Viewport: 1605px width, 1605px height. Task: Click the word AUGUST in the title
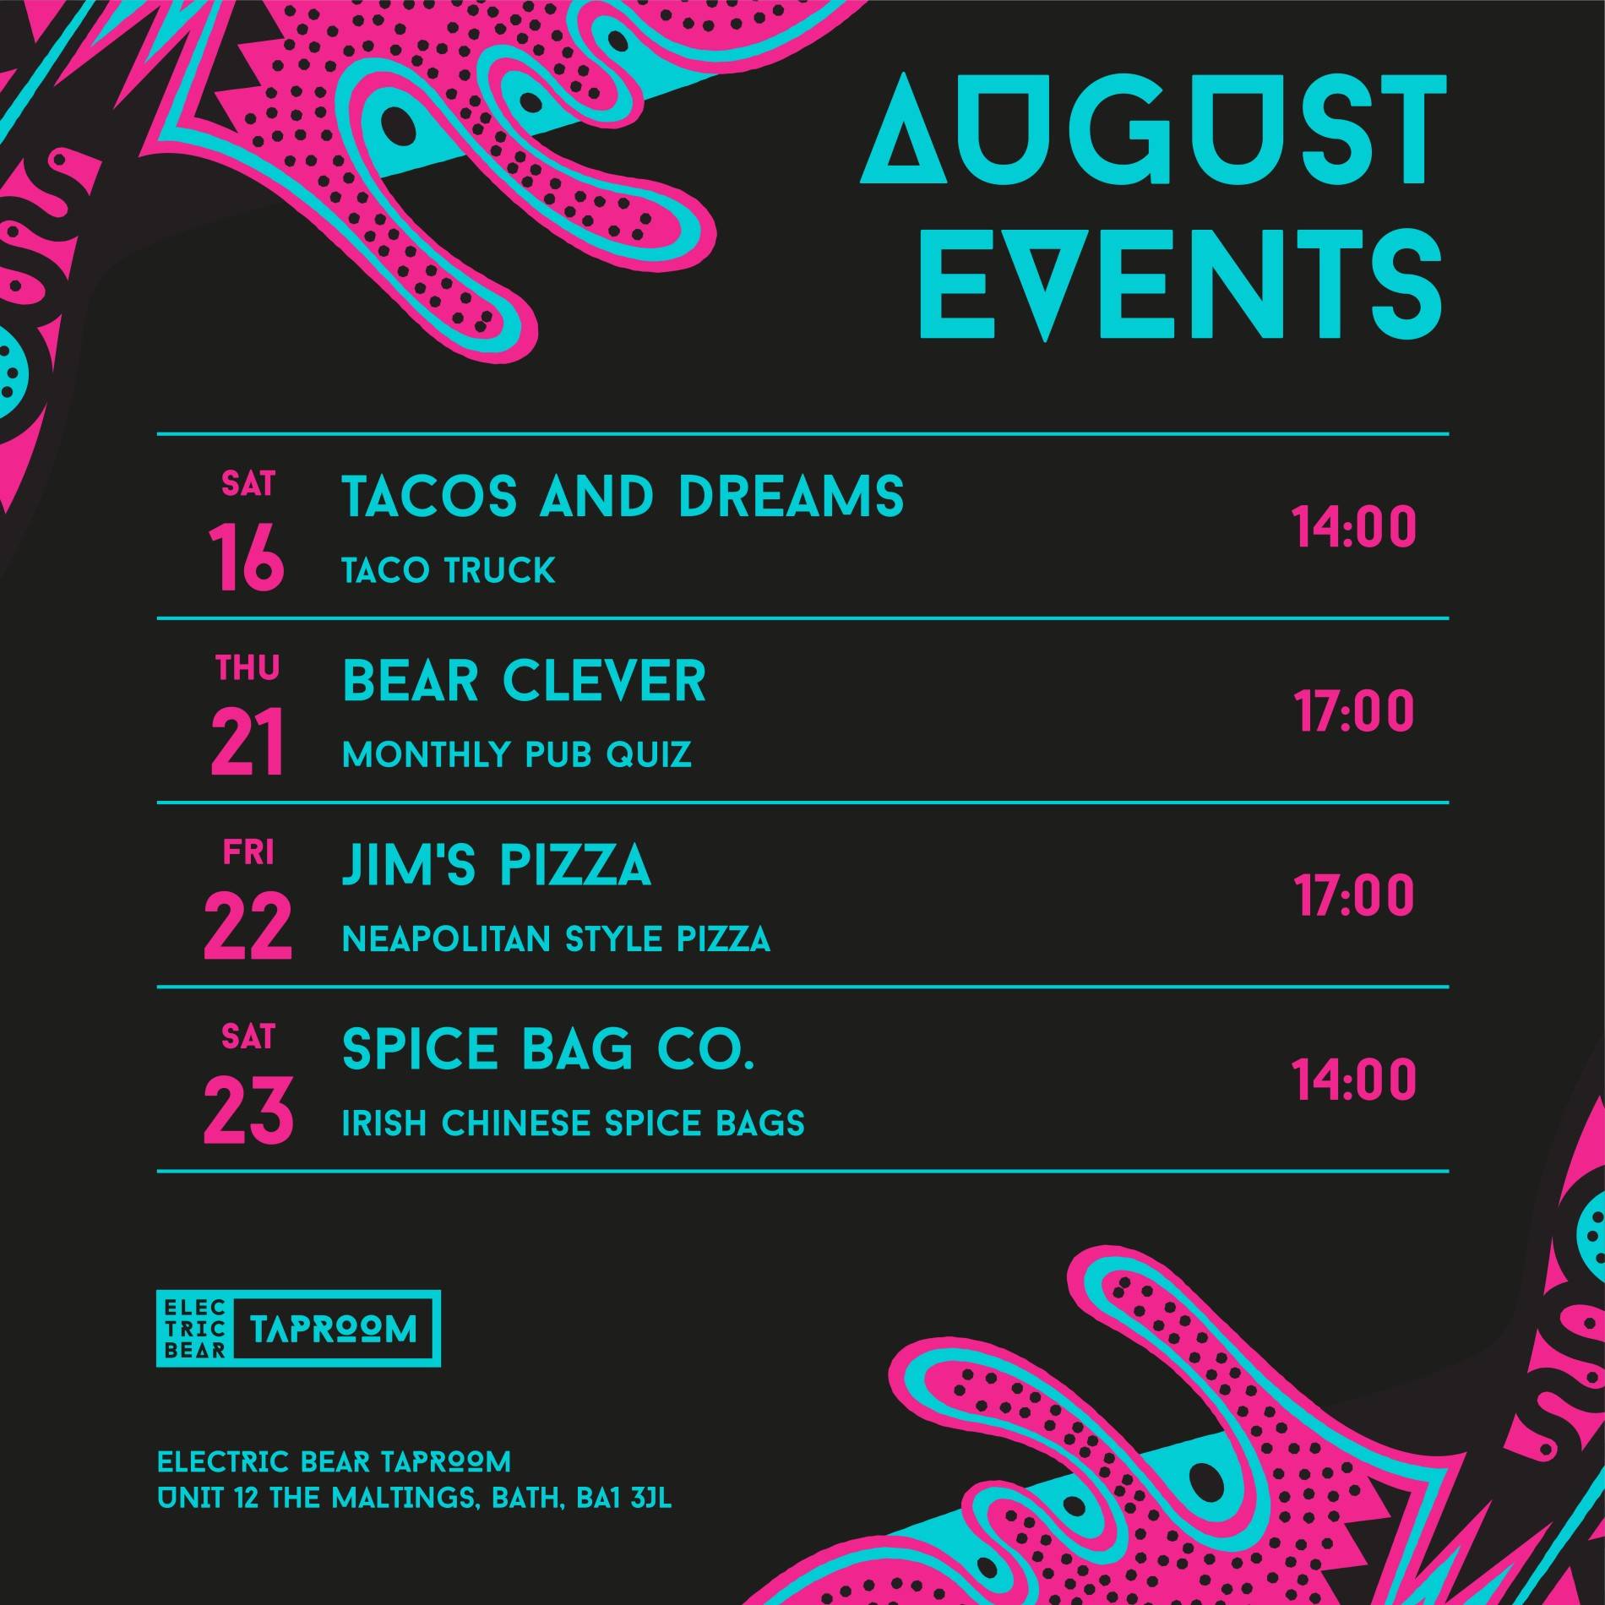point(1150,131)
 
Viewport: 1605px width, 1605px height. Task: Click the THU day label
point(248,668)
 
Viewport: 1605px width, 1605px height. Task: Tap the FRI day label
point(248,853)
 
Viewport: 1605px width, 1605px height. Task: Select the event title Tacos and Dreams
point(623,496)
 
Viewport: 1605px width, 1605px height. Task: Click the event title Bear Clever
point(524,680)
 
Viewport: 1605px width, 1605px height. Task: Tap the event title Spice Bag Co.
point(547,1049)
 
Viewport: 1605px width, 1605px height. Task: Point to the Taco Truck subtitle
point(449,570)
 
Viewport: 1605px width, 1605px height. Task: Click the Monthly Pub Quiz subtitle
point(517,754)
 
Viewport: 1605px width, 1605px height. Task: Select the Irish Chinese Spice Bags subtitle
point(574,1123)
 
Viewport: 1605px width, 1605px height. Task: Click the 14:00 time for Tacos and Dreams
point(1353,527)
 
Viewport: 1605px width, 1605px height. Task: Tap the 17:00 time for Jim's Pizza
point(1353,895)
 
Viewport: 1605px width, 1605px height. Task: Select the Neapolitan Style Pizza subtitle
point(556,939)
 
